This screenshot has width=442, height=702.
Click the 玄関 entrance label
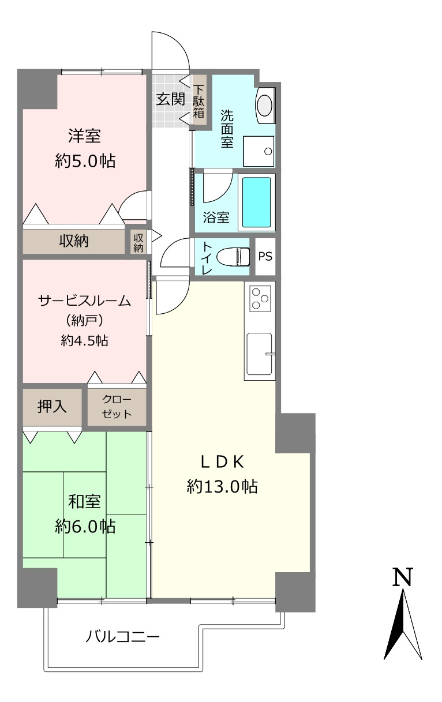(171, 99)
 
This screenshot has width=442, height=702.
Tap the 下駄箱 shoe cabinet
(199, 100)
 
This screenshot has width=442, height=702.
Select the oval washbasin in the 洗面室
(265, 106)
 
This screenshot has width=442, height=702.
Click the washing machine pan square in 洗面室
(259, 151)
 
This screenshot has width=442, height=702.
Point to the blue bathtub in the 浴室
(256, 202)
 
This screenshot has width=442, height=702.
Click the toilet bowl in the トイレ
(235, 257)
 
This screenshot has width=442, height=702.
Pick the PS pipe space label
(265, 256)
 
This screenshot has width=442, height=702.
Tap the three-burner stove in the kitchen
(260, 298)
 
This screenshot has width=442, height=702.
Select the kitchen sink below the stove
(259, 354)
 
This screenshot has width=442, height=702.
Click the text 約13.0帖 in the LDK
(222, 487)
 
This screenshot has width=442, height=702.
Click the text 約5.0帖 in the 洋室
(85, 161)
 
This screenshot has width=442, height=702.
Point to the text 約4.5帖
(85, 340)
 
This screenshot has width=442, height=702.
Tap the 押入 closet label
(52, 407)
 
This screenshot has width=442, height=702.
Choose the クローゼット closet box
(117, 407)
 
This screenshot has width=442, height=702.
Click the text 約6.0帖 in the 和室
(85, 526)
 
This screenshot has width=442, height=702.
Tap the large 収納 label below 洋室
(74, 241)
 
